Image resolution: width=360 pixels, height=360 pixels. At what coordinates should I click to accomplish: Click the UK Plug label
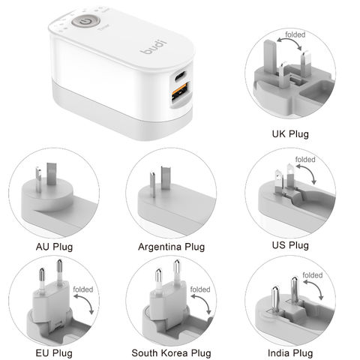tap(289, 135)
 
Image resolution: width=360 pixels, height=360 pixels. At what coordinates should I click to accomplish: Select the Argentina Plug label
tap(171, 245)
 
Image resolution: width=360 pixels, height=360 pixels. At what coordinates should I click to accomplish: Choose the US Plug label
tap(289, 245)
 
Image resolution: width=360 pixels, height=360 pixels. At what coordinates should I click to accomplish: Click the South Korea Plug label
tap(171, 352)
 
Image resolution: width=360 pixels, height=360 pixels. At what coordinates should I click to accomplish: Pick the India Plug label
tap(289, 352)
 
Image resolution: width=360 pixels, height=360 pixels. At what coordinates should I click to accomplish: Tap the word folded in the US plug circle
tap(305, 160)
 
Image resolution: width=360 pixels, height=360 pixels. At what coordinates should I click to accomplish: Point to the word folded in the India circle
tap(313, 275)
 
